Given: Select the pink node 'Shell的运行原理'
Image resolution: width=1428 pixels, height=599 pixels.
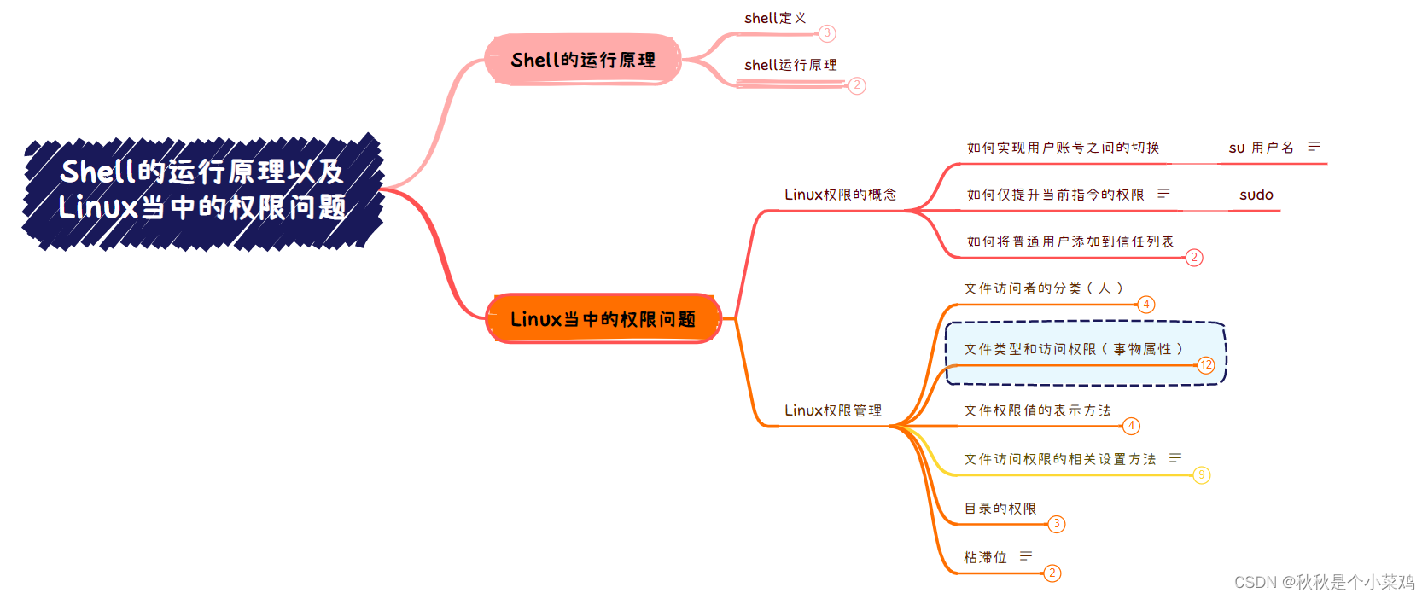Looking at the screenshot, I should [583, 60].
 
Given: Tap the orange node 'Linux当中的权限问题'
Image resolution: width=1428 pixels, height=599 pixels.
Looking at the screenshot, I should [603, 319].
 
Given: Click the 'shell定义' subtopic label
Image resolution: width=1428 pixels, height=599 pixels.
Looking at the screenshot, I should [775, 18].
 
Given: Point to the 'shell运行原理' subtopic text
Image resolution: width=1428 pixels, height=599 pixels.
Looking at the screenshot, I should [790, 65].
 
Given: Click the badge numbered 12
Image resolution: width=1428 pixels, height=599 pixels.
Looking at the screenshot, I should [1206, 365].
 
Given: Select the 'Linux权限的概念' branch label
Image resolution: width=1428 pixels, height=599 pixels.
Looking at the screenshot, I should [840, 195].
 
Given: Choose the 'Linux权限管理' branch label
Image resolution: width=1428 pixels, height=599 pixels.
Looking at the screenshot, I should [833, 410].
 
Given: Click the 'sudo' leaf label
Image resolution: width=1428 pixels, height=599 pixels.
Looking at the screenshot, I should [1256, 195].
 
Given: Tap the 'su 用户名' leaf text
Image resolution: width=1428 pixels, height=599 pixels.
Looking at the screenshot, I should [1261, 148].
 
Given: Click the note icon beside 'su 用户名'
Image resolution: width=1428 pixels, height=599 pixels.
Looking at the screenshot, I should [1314, 147].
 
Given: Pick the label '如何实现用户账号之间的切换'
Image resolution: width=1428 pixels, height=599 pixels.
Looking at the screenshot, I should [1063, 148].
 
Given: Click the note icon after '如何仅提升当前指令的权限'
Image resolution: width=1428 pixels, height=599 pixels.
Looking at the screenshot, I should [1163, 194].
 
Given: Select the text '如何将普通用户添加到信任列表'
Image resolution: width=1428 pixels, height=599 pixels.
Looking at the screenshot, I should [1070, 241].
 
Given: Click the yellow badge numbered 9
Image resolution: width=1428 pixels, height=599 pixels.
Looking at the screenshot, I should [1201, 475].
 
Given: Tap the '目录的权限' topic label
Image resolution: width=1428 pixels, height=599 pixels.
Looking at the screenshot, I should [1000, 509].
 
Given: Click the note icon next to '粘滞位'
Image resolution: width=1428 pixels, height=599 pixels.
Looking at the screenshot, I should [1026, 556].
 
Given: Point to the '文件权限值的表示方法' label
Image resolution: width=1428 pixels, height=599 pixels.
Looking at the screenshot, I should [1038, 410].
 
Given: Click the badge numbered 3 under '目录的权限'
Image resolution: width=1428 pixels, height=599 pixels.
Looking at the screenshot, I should [1056, 524].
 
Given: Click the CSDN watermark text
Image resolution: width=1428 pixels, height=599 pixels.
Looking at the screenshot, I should [1324, 582].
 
